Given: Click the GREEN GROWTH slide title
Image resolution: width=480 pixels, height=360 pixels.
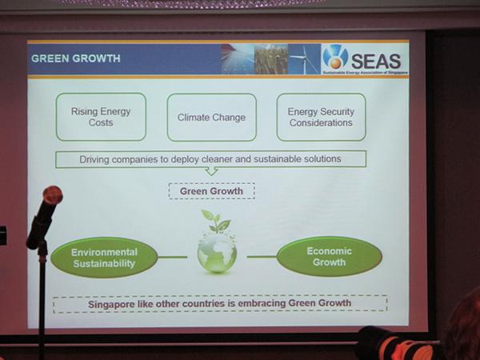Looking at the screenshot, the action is pyautogui.click(x=76, y=58).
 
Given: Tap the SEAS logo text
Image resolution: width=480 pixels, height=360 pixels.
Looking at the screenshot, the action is pyautogui.click(x=376, y=61).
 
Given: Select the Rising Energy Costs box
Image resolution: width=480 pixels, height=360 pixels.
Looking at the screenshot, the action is pyautogui.click(x=101, y=117).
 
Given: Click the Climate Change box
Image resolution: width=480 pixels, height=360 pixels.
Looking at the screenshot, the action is pyautogui.click(x=211, y=118).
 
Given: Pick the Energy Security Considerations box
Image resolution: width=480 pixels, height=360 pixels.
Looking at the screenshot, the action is pyautogui.click(x=321, y=117).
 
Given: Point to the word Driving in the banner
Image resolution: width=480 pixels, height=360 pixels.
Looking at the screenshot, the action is pyautogui.click(x=94, y=159).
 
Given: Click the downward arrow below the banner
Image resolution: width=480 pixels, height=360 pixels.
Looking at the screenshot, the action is pyautogui.click(x=211, y=171).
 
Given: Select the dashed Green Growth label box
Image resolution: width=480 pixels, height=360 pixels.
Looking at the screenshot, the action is pyautogui.click(x=211, y=191).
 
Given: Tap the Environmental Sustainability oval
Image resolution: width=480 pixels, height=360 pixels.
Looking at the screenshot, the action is pyautogui.click(x=104, y=258).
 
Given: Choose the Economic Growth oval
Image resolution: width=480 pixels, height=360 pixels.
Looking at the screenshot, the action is pyautogui.click(x=330, y=257).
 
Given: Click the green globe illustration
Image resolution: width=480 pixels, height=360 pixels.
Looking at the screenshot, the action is pyautogui.click(x=217, y=253).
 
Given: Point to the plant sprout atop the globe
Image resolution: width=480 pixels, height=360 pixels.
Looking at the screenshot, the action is pyautogui.click(x=216, y=221).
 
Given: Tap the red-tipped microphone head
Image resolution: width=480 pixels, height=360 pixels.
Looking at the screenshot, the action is pyautogui.click(x=53, y=195).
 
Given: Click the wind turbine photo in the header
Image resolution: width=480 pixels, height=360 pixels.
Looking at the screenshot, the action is pyautogui.click(x=304, y=59).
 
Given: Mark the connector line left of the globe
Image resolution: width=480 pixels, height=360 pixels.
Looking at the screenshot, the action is pyautogui.click(x=173, y=257).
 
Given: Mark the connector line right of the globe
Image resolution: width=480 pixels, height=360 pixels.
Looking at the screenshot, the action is pyautogui.click(x=262, y=257).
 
